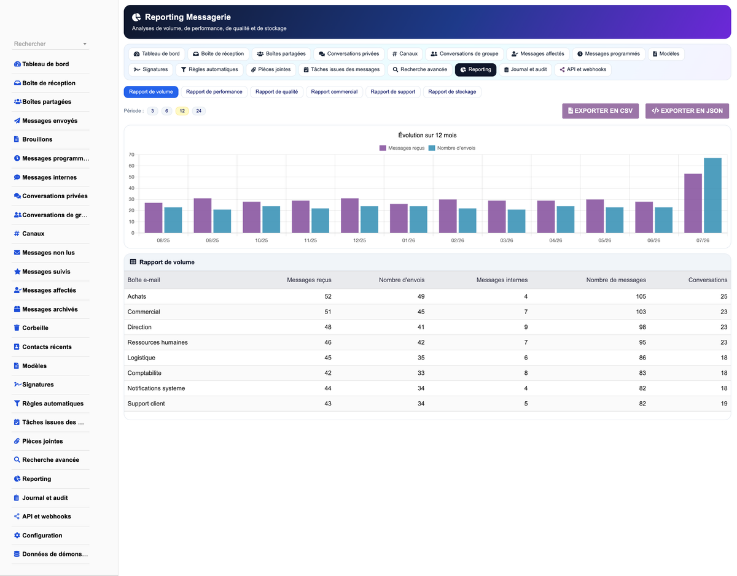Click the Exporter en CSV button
tap(600, 111)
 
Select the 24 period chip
tap(198, 111)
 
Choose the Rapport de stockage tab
tap(452, 92)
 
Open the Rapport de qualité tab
tap(276, 92)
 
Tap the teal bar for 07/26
tap(712, 196)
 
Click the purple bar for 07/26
tap(693, 203)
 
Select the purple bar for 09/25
tap(203, 216)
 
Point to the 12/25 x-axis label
tap(359, 240)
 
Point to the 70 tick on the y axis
tap(131, 155)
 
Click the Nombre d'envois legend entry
tap(452, 148)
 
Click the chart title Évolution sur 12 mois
tap(427, 135)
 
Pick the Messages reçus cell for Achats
tap(327, 296)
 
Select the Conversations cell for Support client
tap(723, 403)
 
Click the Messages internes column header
tap(502, 280)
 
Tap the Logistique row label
tap(141, 358)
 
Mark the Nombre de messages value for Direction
tap(642, 327)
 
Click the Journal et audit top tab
tap(525, 69)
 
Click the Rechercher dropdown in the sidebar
tap(50, 44)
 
